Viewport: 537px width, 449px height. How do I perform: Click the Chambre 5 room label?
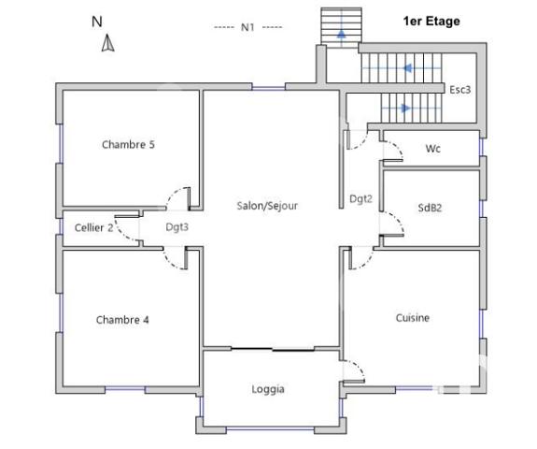(128, 144)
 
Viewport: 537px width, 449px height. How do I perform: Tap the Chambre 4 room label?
(122, 320)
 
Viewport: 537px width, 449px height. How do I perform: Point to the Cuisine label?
(412, 318)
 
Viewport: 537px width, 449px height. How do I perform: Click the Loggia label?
(268, 389)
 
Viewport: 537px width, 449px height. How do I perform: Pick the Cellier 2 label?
(94, 227)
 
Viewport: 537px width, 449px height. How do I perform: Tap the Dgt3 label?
(177, 227)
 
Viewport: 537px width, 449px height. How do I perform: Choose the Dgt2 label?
(361, 198)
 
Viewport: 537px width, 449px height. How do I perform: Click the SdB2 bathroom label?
(430, 209)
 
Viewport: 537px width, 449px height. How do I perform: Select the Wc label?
(432, 149)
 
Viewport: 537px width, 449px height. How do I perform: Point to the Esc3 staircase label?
(459, 90)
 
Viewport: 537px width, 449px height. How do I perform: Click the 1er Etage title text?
(431, 21)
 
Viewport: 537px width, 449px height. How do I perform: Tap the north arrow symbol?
(108, 43)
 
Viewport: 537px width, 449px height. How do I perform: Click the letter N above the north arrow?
(97, 21)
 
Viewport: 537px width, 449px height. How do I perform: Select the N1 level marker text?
(247, 27)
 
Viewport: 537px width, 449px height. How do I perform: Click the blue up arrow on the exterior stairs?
(341, 34)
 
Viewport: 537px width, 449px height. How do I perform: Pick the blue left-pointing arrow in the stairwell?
(408, 68)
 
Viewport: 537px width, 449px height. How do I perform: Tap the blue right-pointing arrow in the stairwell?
(404, 108)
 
